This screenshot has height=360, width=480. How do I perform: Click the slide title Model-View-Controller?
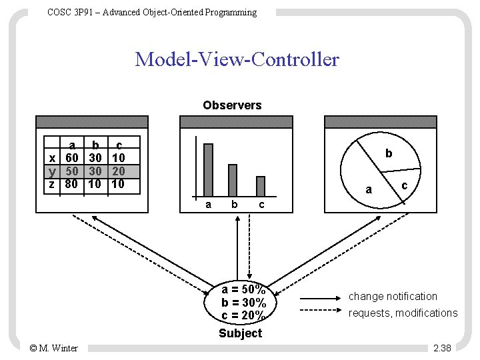237,60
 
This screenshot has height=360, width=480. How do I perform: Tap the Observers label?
232,105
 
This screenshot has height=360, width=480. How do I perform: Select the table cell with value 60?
72,158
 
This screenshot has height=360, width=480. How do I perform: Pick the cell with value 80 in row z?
72,183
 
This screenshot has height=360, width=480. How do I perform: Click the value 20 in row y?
118,171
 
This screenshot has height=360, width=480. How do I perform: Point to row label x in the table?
52,158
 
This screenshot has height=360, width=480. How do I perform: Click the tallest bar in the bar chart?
208,169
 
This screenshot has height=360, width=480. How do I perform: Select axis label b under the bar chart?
234,205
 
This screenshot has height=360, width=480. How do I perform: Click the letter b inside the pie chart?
389,154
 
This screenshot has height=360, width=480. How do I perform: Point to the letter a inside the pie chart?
369,190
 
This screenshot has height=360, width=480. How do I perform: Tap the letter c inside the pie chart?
403,186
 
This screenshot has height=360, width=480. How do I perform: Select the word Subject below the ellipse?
240,333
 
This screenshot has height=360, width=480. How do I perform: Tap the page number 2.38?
441,348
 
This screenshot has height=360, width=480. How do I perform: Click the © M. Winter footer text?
54,348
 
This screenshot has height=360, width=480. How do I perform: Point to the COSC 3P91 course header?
152,13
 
